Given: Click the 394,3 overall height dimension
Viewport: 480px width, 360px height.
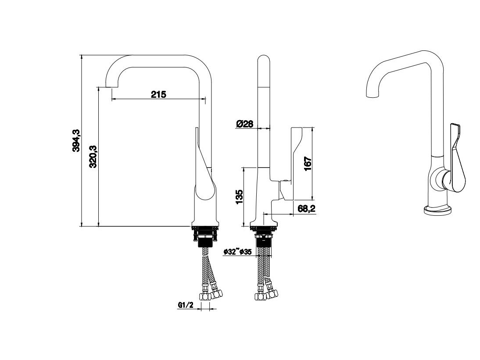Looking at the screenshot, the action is click(x=76, y=140).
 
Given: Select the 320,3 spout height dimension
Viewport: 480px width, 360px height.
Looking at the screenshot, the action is click(x=93, y=156).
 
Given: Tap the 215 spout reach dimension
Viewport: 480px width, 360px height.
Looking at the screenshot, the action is click(x=158, y=94).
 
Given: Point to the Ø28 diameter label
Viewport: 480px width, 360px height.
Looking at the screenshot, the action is click(x=244, y=124).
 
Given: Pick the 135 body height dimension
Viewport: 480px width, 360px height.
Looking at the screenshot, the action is click(x=239, y=197).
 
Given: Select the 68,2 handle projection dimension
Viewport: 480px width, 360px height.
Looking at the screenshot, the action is click(x=306, y=209).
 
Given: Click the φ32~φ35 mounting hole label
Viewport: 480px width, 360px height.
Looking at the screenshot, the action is click(x=237, y=252).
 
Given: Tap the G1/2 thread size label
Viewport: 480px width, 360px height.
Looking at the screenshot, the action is click(x=186, y=305).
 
